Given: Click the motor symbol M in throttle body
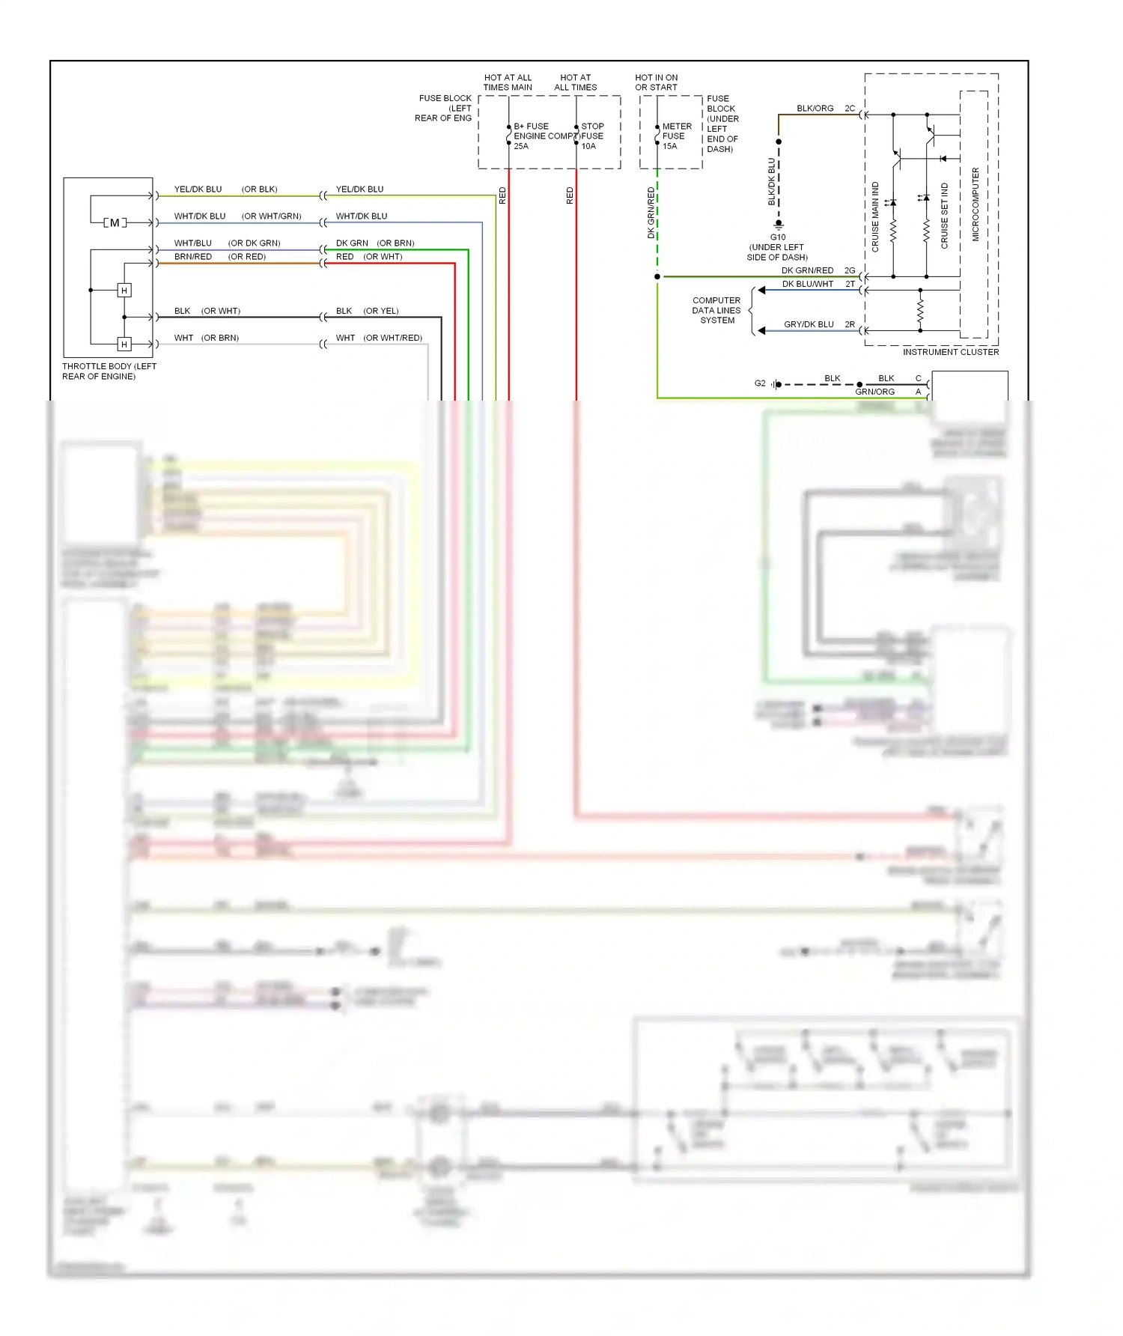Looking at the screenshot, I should (114, 222).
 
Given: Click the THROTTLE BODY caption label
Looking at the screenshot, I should (109, 371).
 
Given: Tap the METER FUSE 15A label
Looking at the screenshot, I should (677, 136).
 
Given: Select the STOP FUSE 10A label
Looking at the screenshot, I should (591, 136).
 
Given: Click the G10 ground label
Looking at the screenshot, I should (778, 237).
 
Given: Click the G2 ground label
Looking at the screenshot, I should (760, 383).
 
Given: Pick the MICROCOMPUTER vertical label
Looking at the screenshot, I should (975, 204).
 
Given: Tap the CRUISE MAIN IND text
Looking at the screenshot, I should (875, 216).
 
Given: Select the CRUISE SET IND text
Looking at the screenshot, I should (944, 216).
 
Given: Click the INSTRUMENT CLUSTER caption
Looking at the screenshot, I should (950, 352).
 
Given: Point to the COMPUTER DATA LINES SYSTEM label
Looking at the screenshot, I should (716, 310).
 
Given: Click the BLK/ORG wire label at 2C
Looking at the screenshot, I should (815, 109).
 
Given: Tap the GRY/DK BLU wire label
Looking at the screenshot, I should (809, 324).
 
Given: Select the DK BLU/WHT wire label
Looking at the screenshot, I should (807, 284).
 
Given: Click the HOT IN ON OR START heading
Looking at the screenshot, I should (656, 82).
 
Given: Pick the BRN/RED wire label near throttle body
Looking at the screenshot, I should (192, 257).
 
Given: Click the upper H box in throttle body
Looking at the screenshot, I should (124, 290).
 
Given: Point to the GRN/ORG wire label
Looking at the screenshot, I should (874, 392).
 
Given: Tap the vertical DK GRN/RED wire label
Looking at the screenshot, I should (651, 213).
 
